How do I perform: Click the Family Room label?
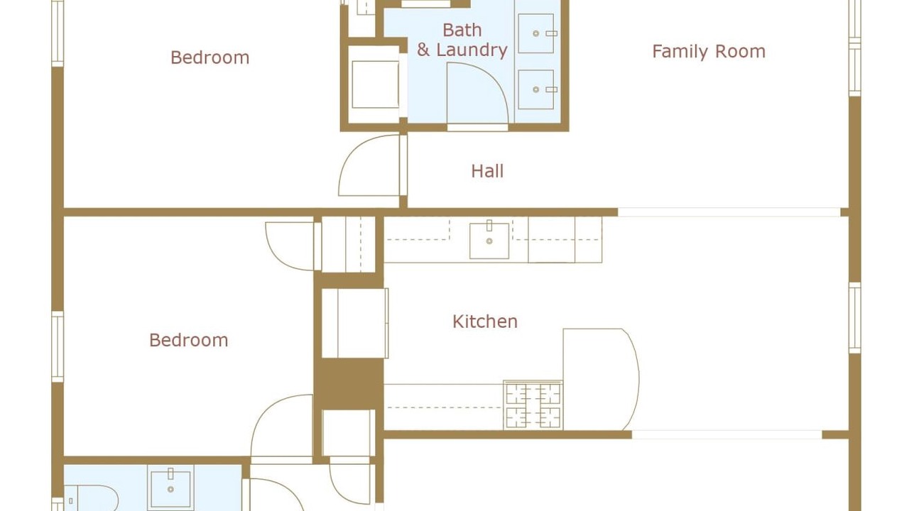(x=709, y=52)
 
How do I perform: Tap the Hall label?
(x=487, y=171)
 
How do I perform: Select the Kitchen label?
(x=485, y=322)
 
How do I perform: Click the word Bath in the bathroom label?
(x=462, y=30)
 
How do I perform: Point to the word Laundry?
(x=472, y=50)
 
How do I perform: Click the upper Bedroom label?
(x=209, y=57)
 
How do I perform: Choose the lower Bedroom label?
(x=189, y=340)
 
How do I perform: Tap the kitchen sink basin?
(x=489, y=241)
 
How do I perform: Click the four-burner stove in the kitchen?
(x=533, y=405)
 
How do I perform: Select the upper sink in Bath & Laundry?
(x=536, y=33)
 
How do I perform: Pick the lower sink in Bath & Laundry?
(x=536, y=89)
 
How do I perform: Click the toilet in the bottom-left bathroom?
(x=92, y=498)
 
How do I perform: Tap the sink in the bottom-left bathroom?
(x=170, y=489)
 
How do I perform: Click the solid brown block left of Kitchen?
(x=349, y=384)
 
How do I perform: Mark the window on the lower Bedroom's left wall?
(x=58, y=347)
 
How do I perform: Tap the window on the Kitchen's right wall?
(x=855, y=318)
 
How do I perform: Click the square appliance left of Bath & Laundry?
(x=375, y=84)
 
